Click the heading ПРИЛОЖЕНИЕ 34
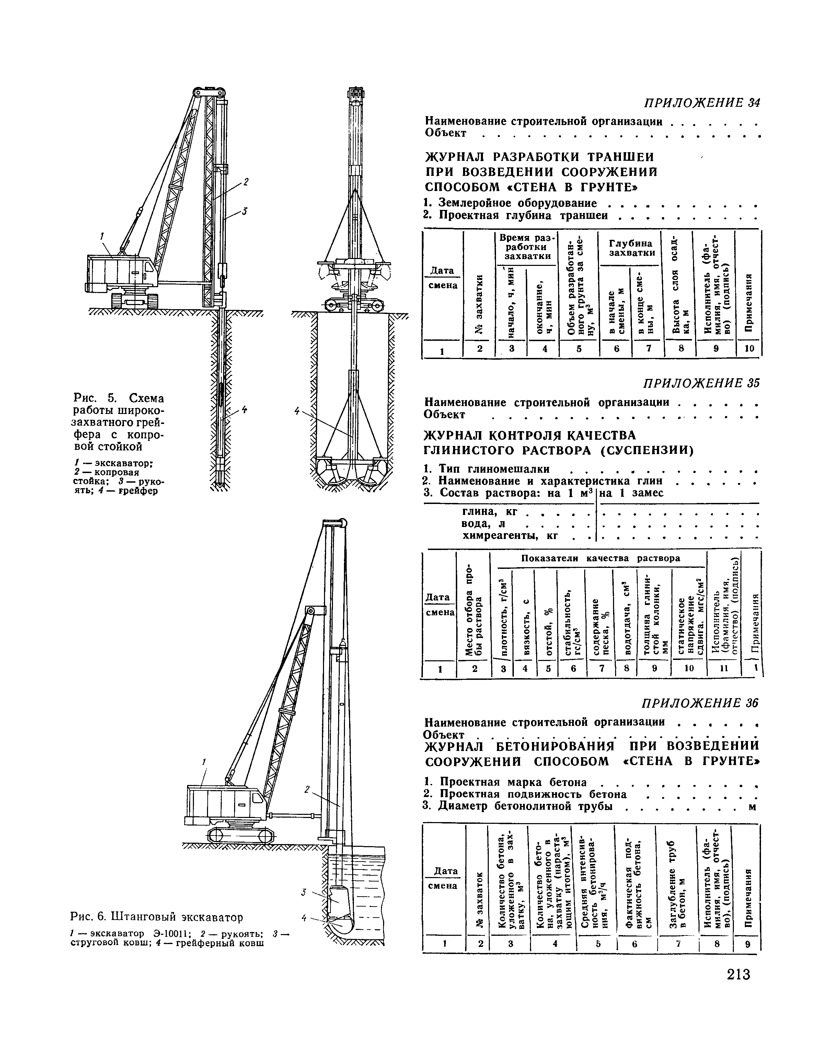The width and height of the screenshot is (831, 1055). [702, 103]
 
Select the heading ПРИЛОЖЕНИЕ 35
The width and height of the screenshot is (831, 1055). [701, 383]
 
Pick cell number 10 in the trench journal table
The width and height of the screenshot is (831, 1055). [748, 349]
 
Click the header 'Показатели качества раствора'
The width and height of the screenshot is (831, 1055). [600, 558]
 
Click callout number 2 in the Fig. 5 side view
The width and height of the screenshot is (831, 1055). [246, 182]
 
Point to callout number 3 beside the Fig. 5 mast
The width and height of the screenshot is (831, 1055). [245, 211]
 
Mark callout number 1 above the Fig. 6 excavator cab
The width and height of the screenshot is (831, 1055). [204, 761]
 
